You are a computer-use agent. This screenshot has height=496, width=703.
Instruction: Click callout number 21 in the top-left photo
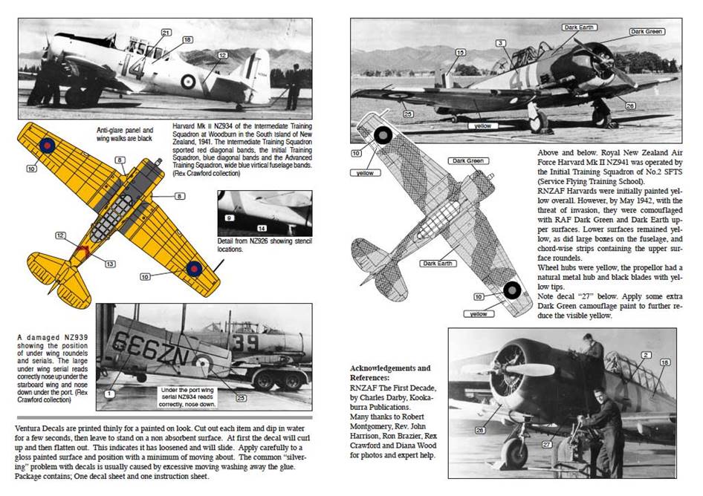point(165,32)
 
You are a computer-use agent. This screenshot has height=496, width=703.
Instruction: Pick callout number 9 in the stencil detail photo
point(230,218)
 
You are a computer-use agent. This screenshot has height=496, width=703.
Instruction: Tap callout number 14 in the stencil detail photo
point(262,228)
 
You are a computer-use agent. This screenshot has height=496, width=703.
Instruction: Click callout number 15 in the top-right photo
point(460,52)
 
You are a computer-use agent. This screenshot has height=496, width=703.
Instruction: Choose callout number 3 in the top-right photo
point(502,43)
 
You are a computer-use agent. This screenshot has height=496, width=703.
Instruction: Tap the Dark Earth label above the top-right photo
point(580,27)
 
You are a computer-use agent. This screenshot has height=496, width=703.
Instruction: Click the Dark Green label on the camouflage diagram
point(467,160)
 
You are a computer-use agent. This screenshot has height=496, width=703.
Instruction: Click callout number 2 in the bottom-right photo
point(646,355)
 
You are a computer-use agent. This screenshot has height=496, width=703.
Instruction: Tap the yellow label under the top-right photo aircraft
point(483,126)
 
